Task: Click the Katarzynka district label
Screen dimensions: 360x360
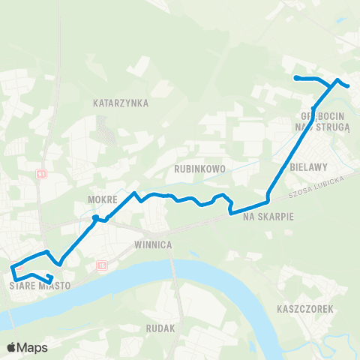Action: (x=121, y=102)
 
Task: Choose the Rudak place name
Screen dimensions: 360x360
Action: (x=162, y=328)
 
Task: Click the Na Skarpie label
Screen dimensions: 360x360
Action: (x=268, y=216)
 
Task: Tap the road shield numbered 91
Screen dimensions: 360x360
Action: (x=42, y=173)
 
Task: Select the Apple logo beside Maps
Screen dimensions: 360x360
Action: (x=11, y=347)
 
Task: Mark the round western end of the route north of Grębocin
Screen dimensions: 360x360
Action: (x=297, y=78)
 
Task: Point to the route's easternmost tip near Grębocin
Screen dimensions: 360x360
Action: (x=349, y=86)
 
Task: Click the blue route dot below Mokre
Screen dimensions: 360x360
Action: (x=95, y=218)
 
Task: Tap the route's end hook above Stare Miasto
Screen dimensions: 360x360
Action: (x=50, y=282)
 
